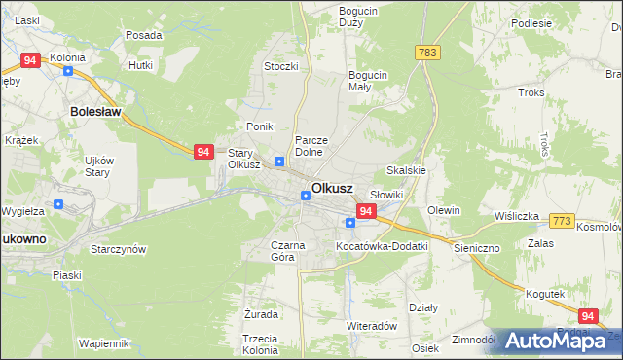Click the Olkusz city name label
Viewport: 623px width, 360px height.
[332, 188]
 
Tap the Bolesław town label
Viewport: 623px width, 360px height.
[95, 112]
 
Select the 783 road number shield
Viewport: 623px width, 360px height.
[424, 52]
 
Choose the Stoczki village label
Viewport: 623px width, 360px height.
[280, 66]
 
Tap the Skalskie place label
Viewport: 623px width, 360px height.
[407, 169]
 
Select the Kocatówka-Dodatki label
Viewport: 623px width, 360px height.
[382, 246]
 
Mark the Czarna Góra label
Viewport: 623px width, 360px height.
[289, 252]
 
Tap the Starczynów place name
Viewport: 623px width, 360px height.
[118, 249]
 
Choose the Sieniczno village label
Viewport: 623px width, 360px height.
[476, 248]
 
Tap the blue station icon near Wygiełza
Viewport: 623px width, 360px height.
[58, 204]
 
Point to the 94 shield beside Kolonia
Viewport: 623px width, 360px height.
[30, 60]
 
